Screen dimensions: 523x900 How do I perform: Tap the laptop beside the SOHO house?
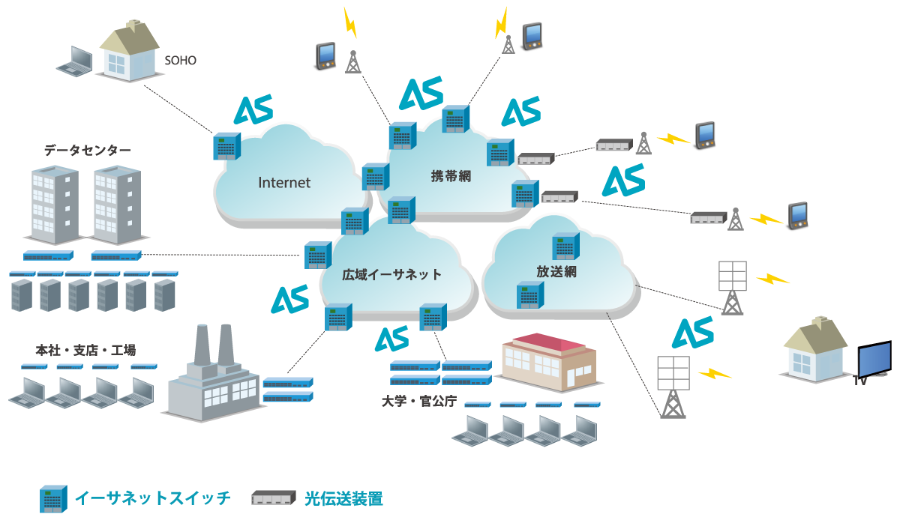tap(76, 61)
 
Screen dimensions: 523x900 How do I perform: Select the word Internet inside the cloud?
tap(284, 182)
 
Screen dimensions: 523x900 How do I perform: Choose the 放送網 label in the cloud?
tap(556, 271)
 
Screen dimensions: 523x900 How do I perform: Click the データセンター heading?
tap(87, 151)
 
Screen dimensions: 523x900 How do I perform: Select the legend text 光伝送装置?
tap(344, 498)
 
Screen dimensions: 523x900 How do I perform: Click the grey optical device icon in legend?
tap(273, 498)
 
